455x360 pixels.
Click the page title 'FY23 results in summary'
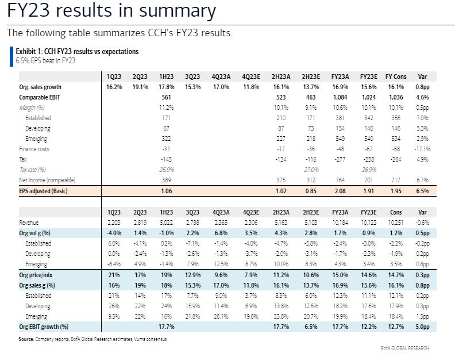click(x=111, y=11)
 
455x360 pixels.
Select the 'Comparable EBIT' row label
click(x=39, y=97)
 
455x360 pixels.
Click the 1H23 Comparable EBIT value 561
click(x=167, y=97)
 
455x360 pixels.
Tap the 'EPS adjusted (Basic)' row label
click(x=43, y=190)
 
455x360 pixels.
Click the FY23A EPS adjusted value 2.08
click(x=339, y=190)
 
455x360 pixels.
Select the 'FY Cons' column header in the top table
click(x=396, y=76)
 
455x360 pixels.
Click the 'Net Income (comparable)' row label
click(x=46, y=180)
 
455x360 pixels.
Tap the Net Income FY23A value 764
click(x=340, y=180)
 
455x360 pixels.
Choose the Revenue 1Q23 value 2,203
click(x=113, y=223)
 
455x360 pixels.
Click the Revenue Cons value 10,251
click(x=396, y=223)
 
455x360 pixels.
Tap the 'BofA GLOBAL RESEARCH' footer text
click(x=404, y=348)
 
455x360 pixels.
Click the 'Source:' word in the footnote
click(x=26, y=339)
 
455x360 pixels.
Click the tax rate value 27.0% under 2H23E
click(x=310, y=170)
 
